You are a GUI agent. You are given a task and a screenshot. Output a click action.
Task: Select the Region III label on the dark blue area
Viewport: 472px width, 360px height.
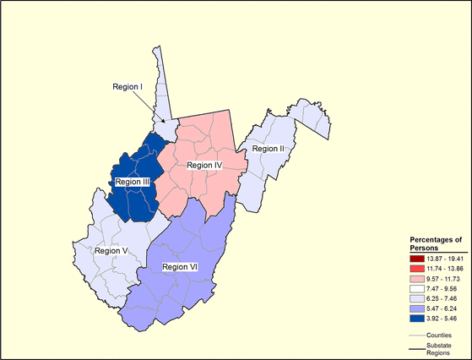pyautogui.click(x=133, y=181)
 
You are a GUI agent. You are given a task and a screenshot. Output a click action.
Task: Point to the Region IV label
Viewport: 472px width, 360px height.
pyautogui.click(x=203, y=165)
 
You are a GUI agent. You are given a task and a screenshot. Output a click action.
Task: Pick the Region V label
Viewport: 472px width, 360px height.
pyautogui.click(x=111, y=250)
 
